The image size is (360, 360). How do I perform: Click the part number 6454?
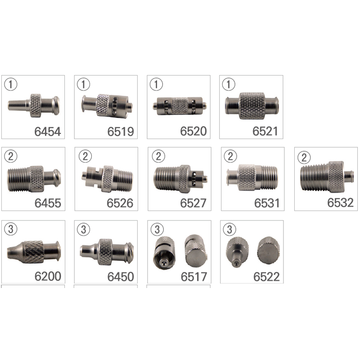[x=48, y=131]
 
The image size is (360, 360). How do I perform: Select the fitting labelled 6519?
[x=107, y=106]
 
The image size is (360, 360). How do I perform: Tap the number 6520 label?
[x=193, y=131]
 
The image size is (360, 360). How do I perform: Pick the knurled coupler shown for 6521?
[x=252, y=106]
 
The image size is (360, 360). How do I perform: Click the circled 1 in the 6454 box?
[x=10, y=84]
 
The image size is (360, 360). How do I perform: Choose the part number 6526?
[x=120, y=203]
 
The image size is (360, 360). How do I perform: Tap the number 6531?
[x=267, y=203]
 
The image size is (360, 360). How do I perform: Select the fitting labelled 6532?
[x=327, y=177]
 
